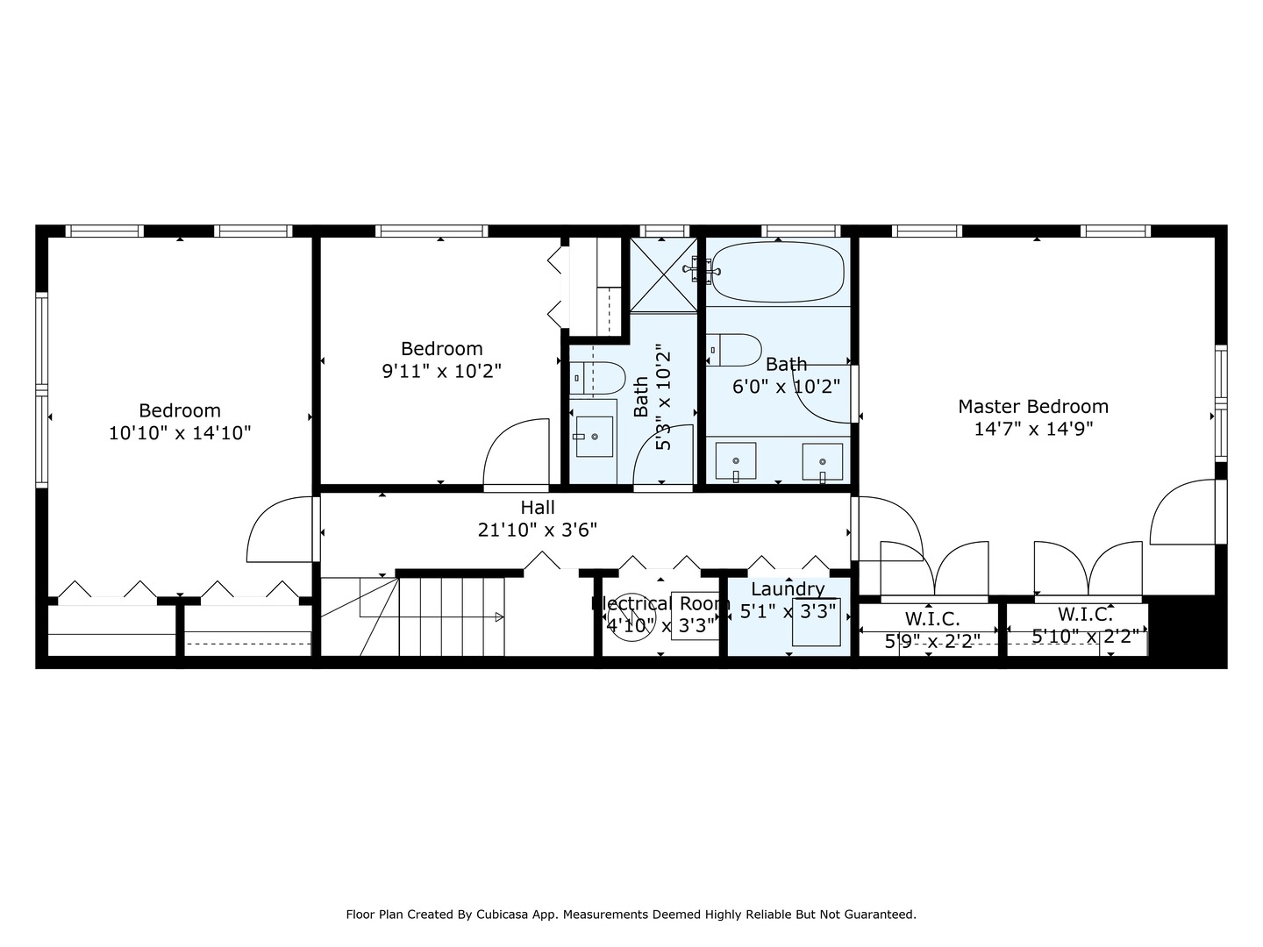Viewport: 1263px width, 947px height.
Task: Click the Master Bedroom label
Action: coord(1032,407)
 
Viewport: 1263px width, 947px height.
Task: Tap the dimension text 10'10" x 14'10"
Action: coord(180,433)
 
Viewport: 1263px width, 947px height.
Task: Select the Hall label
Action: coord(538,508)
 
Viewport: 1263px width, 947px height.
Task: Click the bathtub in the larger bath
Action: coord(777,272)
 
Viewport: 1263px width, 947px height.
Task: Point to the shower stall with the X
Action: coord(664,274)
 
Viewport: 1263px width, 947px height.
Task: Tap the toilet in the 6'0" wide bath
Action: coord(734,349)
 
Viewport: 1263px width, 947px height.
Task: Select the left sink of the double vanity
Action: coord(736,461)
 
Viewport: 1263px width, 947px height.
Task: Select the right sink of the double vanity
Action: coord(822,461)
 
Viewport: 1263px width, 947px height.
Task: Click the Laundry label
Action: coord(787,589)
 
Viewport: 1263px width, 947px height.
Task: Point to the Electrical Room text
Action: coord(660,603)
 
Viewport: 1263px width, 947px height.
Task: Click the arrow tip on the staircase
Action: coord(500,617)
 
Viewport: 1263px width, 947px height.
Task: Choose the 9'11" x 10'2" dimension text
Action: coord(441,372)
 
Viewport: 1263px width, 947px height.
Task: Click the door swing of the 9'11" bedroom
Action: coord(515,452)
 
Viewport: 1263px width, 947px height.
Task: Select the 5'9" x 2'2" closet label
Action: coord(931,641)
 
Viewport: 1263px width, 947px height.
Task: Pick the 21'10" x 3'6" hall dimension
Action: coord(538,530)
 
